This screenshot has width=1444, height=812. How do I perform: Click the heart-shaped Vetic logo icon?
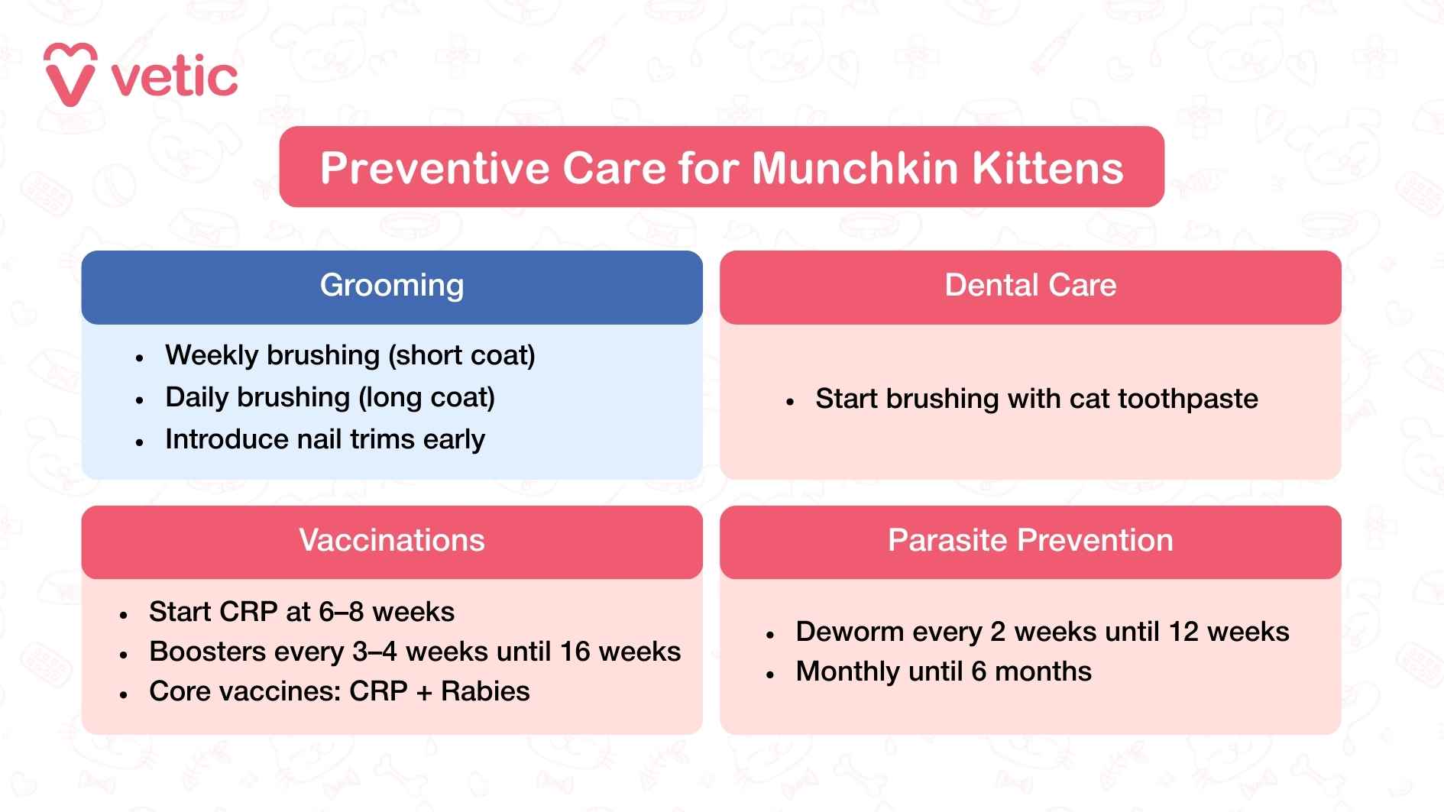point(70,75)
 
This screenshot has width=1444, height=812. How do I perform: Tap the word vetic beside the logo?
point(175,78)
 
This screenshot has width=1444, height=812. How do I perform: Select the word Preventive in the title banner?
point(434,168)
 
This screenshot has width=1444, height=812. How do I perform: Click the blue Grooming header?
point(391,286)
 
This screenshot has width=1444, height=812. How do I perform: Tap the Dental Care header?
point(1030,286)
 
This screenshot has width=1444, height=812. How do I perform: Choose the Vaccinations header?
point(391,541)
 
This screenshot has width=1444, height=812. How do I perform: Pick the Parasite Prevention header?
point(1030,541)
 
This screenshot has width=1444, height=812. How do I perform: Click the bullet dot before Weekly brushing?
point(139,357)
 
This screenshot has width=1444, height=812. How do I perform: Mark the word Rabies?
point(485,691)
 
